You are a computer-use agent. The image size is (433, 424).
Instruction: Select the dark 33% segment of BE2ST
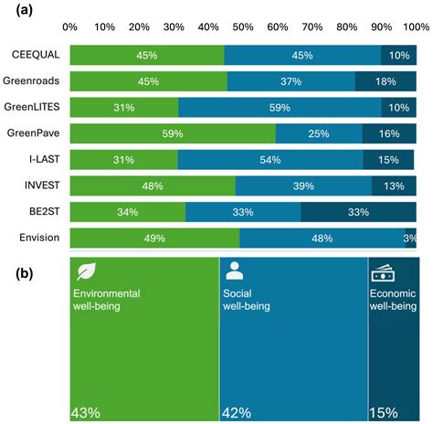(x=358, y=213)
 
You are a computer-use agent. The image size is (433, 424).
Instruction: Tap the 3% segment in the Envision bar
(x=410, y=238)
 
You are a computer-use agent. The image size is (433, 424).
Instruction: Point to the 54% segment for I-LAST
(x=270, y=161)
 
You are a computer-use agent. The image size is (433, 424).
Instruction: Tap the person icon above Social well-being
(x=234, y=271)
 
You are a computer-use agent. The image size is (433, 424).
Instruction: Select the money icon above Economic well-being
(x=381, y=271)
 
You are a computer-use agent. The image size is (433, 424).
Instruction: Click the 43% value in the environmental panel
(x=86, y=413)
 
